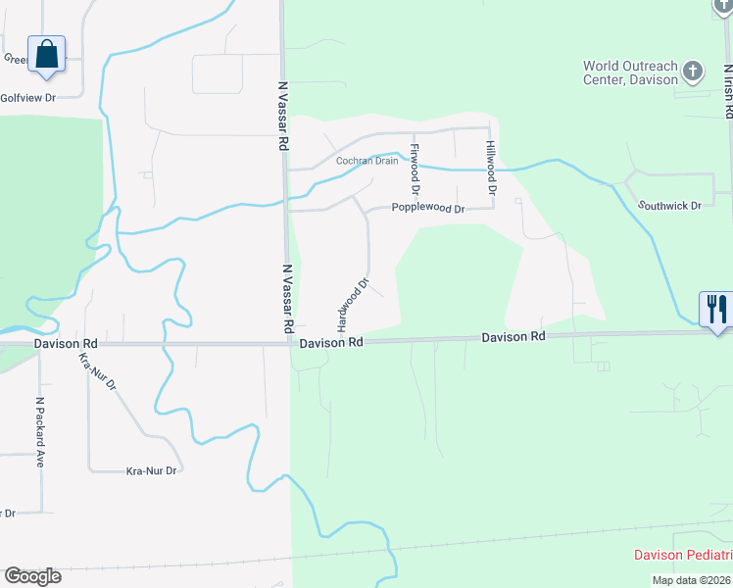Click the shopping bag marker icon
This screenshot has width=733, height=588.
[x=46, y=54]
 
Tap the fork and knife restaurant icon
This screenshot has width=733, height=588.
[x=716, y=309]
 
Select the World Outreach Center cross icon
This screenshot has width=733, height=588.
[x=693, y=71]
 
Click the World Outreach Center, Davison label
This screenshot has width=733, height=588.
[x=630, y=73]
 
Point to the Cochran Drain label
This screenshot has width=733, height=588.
[x=367, y=161]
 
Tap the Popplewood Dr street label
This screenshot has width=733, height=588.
[x=427, y=209]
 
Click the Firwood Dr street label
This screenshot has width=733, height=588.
[x=415, y=168]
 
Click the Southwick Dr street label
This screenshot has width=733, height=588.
[x=670, y=206]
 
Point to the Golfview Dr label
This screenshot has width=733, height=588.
[x=28, y=98]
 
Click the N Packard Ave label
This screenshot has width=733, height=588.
[x=40, y=431]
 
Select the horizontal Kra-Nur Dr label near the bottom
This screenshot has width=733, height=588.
[x=152, y=471]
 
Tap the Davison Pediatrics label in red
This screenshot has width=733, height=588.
[x=682, y=555]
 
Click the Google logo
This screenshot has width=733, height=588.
[x=32, y=576]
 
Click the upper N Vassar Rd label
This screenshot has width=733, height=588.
[x=282, y=116]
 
